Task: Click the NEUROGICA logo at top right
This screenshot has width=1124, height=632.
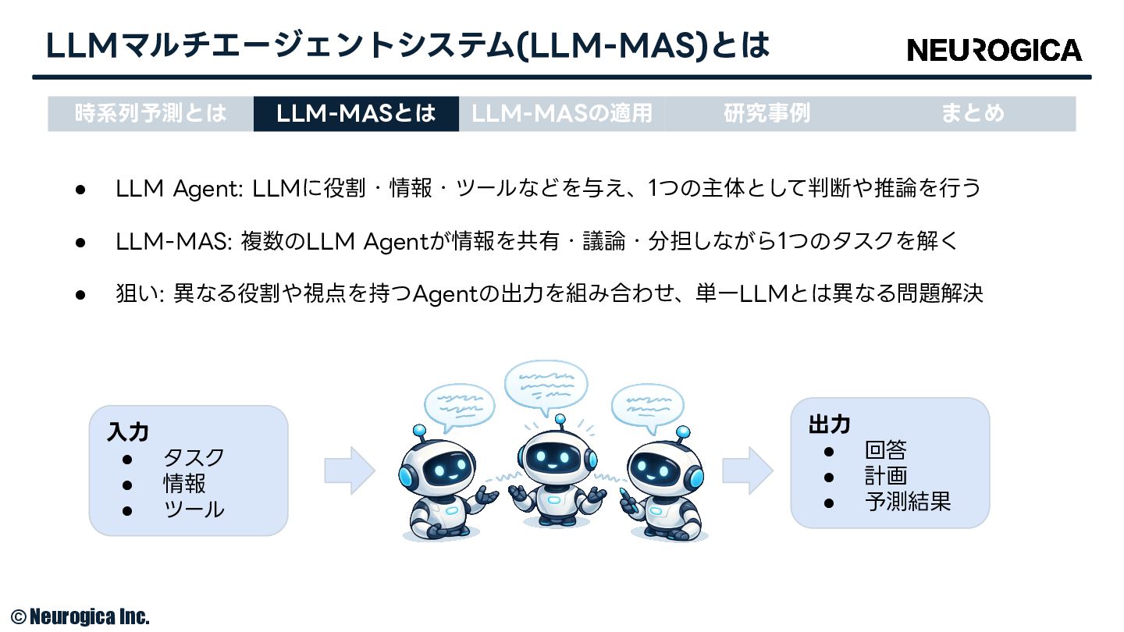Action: coord(994,50)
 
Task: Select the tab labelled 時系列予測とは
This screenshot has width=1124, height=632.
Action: coord(151,114)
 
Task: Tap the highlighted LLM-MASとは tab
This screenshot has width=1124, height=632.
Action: coord(356,114)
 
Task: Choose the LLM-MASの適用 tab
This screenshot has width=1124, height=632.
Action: coord(562,114)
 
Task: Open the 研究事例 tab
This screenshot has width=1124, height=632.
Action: coord(767,114)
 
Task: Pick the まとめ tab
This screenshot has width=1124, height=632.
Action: coord(973,114)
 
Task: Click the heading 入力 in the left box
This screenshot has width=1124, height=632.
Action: coord(128,432)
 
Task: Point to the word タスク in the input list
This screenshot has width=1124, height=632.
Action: coord(194,458)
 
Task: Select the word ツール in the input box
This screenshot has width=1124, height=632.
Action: coord(194,510)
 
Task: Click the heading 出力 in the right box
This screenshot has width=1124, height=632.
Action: coord(830,424)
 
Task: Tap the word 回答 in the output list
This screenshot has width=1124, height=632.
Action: coord(886,450)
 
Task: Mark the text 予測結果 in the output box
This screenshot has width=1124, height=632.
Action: coord(908,502)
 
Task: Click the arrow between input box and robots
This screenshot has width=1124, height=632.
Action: coord(350,470)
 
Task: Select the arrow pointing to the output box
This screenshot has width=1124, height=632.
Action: coord(748,470)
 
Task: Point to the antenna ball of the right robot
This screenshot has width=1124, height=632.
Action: coord(683,432)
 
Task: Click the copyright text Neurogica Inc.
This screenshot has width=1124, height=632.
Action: coord(80,616)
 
